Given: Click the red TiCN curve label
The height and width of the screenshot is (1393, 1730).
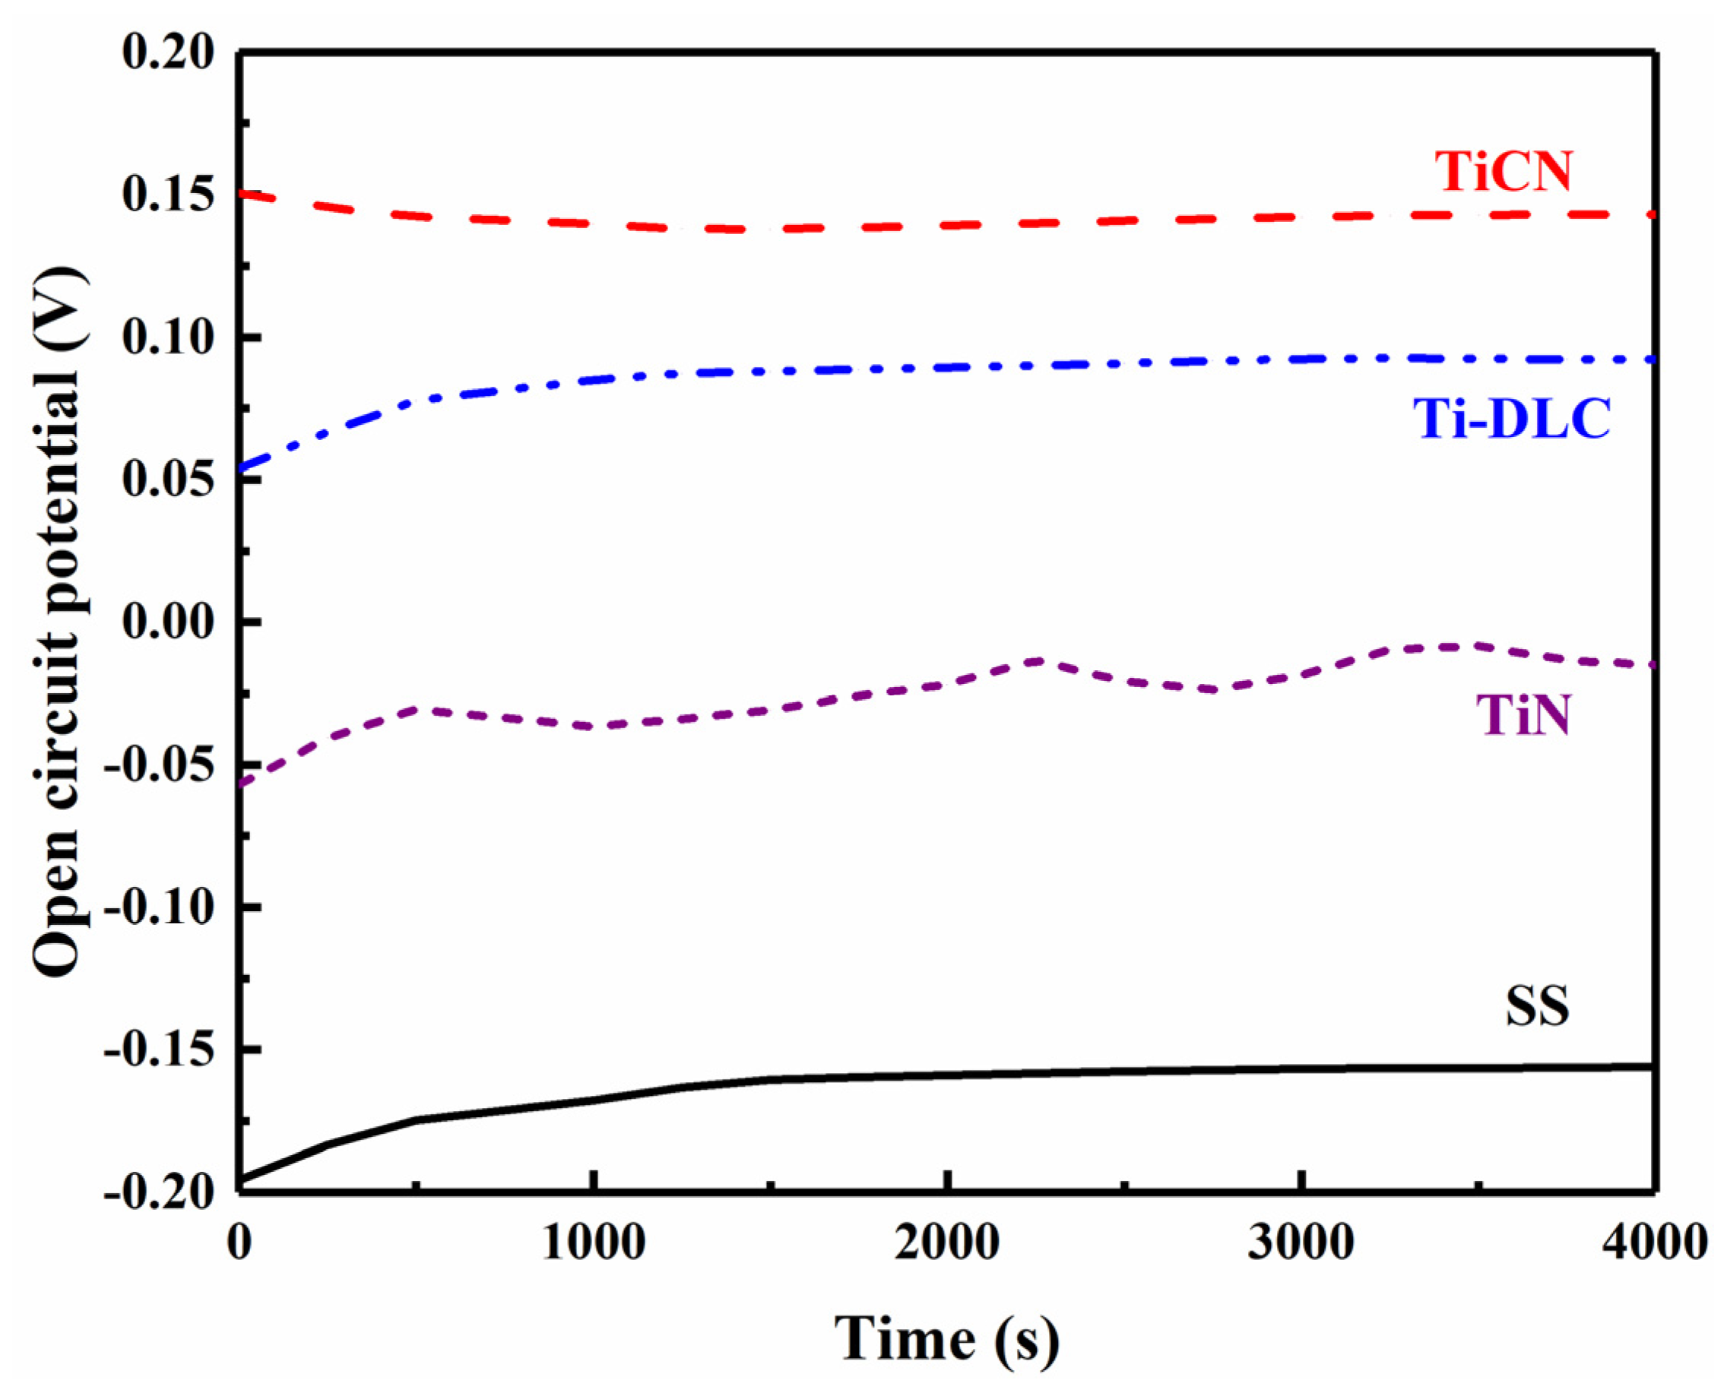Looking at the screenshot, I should click(x=1503, y=171).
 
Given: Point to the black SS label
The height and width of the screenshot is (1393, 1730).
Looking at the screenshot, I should click(x=1537, y=1006).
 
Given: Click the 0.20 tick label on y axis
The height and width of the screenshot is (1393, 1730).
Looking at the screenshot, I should click(x=169, y=53).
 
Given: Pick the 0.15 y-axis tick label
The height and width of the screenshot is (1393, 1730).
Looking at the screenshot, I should click(x=169, y=195).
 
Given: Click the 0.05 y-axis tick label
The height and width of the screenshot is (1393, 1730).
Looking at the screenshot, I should click(x=169, y=480).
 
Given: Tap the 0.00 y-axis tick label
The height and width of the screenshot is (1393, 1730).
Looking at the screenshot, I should click(x=169, y=622).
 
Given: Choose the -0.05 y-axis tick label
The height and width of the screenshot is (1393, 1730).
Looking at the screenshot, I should click(x=160, y=765).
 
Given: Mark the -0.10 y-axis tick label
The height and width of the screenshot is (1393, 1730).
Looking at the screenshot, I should click(x=160, y=907).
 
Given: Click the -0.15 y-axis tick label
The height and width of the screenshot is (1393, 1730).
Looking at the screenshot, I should click(x=160, y=1049).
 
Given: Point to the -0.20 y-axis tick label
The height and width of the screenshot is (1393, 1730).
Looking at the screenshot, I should click(x=160, y=1192).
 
